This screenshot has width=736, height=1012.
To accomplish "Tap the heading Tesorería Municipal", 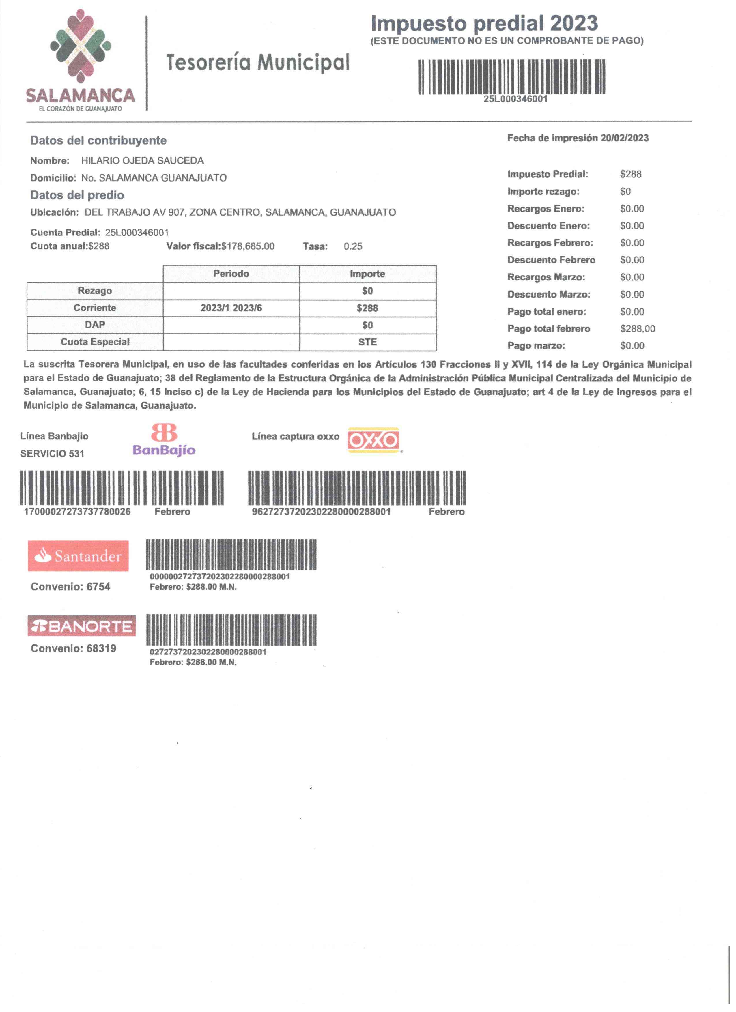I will point(258,62).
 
